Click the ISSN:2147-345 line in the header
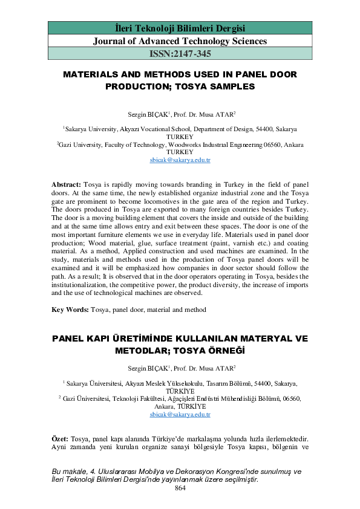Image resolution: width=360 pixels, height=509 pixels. pyautogui.click(x=180, y=54)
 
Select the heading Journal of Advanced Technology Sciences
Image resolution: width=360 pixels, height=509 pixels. pyautogui.click(x=180, y=41)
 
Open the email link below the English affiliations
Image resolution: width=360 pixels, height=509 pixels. pyautogui.click(x=180, y=161)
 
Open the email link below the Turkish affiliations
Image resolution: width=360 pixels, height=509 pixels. pyautogui.click(x=180, y=415)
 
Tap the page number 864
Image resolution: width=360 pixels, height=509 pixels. pyautogui.click(x=180, y=487)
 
